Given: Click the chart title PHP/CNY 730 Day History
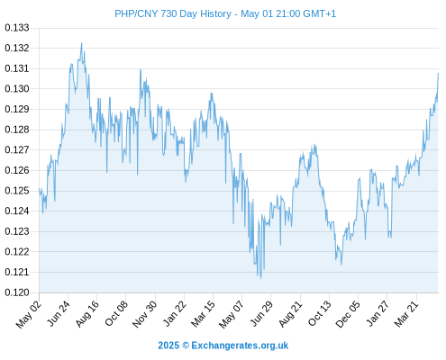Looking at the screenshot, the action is pyautogui.click(x=173, y=13).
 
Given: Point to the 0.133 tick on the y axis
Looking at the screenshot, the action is pyautogui.click(x=17, y=28).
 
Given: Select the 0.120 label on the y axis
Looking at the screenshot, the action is pyautogui.click(x=17, y=292).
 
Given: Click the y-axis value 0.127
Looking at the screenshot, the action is pyautogui.click(x=17, y=149).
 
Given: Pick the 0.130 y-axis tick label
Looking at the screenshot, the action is pyautogui.click(x=17, y=89).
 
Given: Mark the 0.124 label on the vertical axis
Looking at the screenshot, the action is pyautogui.click(x=17, y=211).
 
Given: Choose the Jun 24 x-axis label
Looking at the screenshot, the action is pyautogui.click(x=59, y=313).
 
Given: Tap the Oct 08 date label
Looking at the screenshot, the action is pyautogui.click(x=116, y=313).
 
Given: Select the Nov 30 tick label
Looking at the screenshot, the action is pyautogui.click(x=144, y=314).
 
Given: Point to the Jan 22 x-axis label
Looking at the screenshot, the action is pyautogui.click(x=174, y=313).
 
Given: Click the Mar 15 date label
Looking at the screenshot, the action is pyautogui.click(x=203, y=314).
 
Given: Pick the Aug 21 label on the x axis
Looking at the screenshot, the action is pyautogui.click(x=290, y=314).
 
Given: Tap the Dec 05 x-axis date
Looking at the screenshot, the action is pyautogui.click(x=347, y=314).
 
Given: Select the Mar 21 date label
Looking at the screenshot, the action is pyautogui.click(x=406, y=314).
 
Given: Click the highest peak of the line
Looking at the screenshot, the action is pyautogui.click(x=81, y=43).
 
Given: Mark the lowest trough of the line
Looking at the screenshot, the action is pyautogui.click(x=260, y=278).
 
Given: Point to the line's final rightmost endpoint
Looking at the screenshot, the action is pyautogui.click(x=438, y=73).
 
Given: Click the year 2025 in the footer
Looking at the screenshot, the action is pyautogui.click(x=168, y=346).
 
